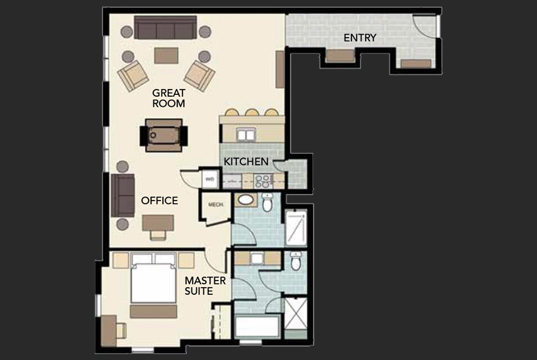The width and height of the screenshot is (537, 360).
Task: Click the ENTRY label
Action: click(360, 38)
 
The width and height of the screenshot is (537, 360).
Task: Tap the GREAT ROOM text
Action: click(168, 98)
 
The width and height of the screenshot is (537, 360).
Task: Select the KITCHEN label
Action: click(246, 161)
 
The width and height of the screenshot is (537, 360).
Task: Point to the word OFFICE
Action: click(159, 201)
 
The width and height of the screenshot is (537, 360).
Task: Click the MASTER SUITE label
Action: click(205, 285)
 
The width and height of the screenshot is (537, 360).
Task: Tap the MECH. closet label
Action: click(215, 205)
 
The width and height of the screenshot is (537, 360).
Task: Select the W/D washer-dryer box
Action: click(210, 179)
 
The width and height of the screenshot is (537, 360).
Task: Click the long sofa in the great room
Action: click(165, 27)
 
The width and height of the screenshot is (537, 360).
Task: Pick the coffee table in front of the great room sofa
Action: click(166, 56)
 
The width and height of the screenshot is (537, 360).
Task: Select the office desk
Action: click(158, 223)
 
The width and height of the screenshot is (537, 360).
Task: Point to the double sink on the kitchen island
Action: click(245, 135)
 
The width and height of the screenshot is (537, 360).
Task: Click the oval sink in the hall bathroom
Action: click(245, 199)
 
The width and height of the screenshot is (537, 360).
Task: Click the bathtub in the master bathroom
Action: click(256, 328)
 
